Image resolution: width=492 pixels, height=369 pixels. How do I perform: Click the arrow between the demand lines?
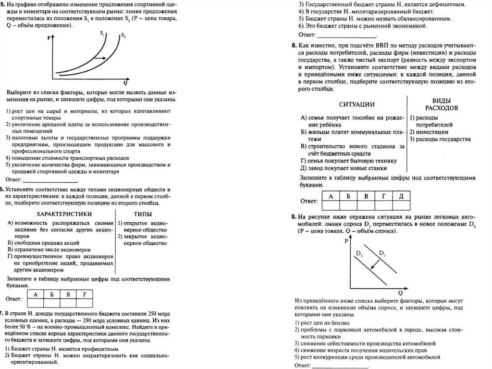pyautogui.click(x=375, y=266)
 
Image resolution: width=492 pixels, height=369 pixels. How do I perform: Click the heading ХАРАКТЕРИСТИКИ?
pyautogui.click(x=64, y=214)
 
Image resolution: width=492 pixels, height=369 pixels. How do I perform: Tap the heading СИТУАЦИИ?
pyautogui.click(x=357, y=104)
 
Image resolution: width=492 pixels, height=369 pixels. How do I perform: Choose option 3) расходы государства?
pyautogui.click(x=440, y=139)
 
